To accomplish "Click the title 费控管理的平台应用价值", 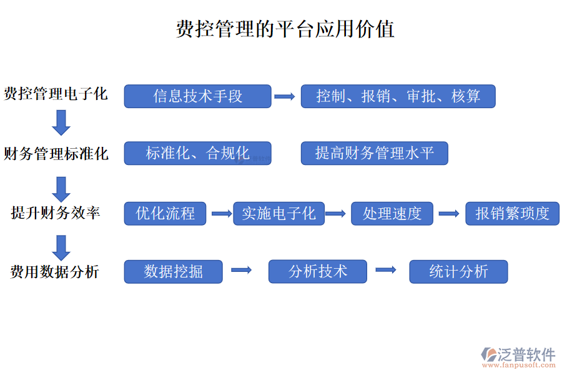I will [285, 29].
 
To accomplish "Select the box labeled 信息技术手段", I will [197, 96].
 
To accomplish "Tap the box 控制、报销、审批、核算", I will [398, 96].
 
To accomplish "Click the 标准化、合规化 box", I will [197, 153].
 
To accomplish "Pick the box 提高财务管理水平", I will [374, 153].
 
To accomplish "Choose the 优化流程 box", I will [165, 214].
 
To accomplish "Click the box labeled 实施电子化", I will [279, 214].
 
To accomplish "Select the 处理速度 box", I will [392, 214].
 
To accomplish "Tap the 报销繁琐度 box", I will [512, 214].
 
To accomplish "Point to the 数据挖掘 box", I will [173, 272].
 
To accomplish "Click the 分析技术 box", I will [318, 271].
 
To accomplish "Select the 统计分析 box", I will [458, 272].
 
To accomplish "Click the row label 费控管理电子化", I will [56, 94].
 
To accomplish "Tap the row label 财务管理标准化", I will [56, 154].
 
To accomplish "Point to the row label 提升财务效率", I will [56, 213].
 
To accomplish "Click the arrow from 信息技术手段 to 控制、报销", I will [285, 96].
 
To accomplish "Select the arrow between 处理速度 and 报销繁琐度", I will [449, 214].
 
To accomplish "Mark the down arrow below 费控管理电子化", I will [61, 122].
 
